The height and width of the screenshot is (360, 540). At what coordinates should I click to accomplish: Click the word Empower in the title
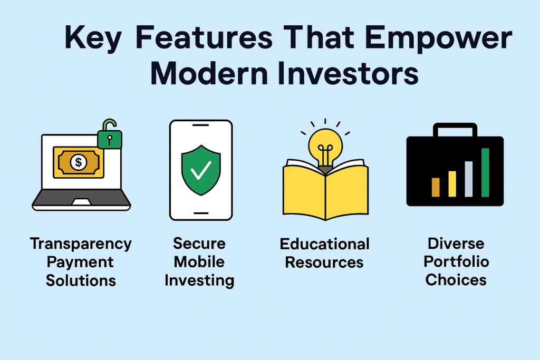pyautogui.click(x=438, y=38)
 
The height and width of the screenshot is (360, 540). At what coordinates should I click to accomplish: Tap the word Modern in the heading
pyautogui.click(x=209, y=73)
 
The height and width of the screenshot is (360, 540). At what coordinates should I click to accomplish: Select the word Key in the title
pyautogui.click(x=93, y=38)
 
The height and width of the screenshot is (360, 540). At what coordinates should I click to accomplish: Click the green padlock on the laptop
pyautogui.click(x=110, y=135)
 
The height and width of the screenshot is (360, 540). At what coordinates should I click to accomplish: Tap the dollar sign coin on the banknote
pyautogui.click(x=79, y=162)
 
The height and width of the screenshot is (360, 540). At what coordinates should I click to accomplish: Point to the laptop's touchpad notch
pyautogui.click(x=81, y=202)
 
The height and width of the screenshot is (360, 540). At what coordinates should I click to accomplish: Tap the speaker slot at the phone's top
pyautogui.click(x=201, y=125)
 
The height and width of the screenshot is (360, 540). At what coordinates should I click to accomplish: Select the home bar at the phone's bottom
pyautogui.click(x=201, y=213)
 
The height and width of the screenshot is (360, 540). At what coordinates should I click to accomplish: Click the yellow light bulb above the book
pyautogui.click(x=325, y=147)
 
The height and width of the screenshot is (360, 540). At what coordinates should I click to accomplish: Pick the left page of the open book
pyautogui.click(x=304, y=189)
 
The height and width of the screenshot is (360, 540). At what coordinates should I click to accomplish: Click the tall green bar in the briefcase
pyautogui.click(x=485, y=172)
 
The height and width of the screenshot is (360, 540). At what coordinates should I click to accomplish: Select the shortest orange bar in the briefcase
pyautogui.click(x=436, y=187)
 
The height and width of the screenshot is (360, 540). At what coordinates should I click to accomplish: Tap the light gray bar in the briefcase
pyautogui.click(x=469, y=179)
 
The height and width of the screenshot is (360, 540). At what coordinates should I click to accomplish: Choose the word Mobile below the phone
pyautogui.click(x=199, y=262)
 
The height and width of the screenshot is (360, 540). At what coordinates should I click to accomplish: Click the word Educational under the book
pyautogui.click(x=324, y=244)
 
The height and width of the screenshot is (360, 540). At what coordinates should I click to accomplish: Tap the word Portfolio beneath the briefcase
pyautogui.click(x=456, y=261)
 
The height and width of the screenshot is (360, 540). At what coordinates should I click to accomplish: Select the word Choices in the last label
pyautogui.click(x=456, y=280)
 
